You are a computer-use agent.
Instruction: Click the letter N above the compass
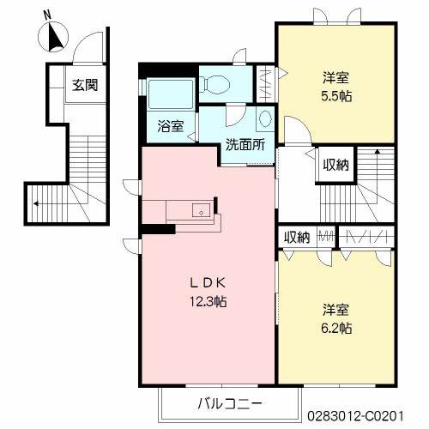click(x=47, y=15)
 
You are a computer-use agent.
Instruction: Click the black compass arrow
click(x=56, y=38)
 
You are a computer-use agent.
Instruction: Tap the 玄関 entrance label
click(x=85, y=85)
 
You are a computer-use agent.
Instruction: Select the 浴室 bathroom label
click(x=171, y=126)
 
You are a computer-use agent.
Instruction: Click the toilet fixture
click(x=215, y=84)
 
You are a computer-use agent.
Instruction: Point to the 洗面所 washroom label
click(x=245, y=145)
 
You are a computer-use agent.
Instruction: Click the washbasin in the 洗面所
click(x=265, y=118)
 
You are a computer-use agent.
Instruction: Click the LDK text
click(x=208, y=283)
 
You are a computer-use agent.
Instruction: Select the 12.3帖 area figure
click(x=208, y=301)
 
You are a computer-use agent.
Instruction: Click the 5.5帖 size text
click(x=336, y=96)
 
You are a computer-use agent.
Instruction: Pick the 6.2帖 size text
click(x=336, y=328)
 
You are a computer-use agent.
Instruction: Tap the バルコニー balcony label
click(x=230, y=404)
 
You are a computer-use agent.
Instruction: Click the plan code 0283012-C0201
click(x=355, y=416)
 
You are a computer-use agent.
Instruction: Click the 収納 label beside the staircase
click(x=335, y=165)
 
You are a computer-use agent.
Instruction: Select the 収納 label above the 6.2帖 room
click(x=297, y=237)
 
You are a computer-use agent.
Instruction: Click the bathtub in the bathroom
click(x=171, y=94)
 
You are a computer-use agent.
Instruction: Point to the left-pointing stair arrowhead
click(x=35, y=203)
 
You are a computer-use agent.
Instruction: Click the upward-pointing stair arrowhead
click(x=378, y=151)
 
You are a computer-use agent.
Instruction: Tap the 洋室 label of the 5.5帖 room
click(x=335, y=78)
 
